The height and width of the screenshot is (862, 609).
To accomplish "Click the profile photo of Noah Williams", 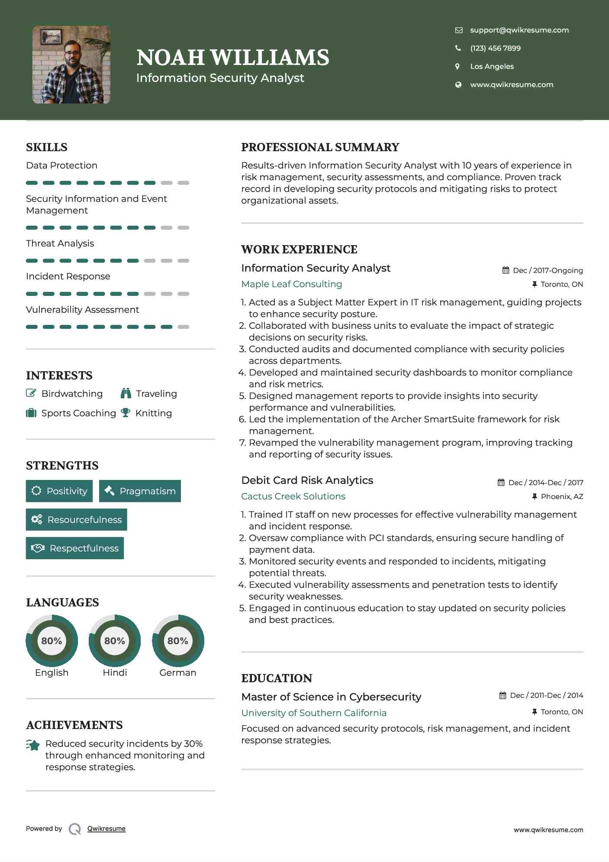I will tap(71, 65).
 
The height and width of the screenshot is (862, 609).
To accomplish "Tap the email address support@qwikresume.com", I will tap(519, 30).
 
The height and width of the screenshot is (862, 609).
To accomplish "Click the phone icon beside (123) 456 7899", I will tap(458, 48).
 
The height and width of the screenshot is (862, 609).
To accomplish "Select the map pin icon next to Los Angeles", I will tap(458, 66).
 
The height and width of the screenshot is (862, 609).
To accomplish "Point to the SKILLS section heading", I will tap(47, 147).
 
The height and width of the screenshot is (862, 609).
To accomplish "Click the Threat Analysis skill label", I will tap(60, 243).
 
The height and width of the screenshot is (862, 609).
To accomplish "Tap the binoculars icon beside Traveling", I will tap(126, 393).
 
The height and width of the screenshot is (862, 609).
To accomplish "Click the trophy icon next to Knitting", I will tap(126, 413).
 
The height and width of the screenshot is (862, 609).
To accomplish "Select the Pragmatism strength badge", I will tap(140, 491).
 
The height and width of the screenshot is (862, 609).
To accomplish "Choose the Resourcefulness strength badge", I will tap(77, 520).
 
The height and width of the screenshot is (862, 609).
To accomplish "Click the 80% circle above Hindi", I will tap(115, 641).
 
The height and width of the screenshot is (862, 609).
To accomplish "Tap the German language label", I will tap(177, 673).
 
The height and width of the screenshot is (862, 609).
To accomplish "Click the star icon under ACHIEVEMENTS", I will tap(33, 745).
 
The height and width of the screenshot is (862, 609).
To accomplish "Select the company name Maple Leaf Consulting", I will tap(291, 284).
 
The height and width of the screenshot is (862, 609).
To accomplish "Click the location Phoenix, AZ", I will tap(562, 496).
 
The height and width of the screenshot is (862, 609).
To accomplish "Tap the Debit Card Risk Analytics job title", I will tap(307, 480).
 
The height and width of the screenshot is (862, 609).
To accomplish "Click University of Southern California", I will tap(314, 713).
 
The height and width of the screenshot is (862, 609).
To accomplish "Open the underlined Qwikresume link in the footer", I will tap(106, 829).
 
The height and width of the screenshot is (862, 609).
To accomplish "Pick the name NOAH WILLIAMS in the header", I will tap(233, 58).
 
